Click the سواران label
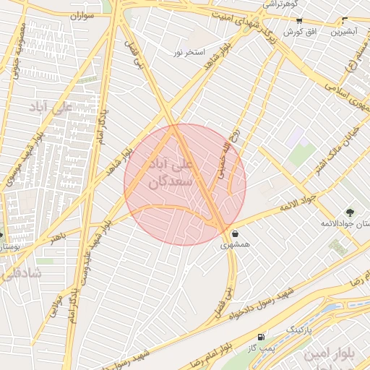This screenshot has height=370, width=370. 83,16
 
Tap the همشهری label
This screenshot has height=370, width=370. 236,245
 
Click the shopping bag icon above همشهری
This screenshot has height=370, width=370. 236,233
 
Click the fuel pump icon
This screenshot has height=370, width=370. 260,337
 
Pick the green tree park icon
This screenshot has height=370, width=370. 350,212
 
